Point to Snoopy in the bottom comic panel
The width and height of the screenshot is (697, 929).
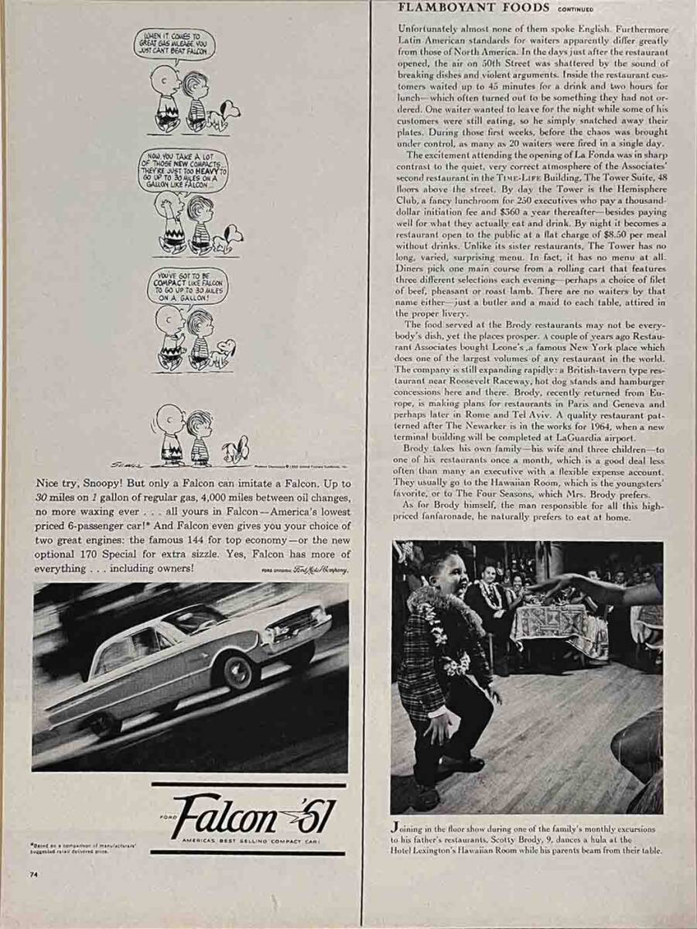[235, 450]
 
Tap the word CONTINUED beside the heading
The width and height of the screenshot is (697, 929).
[576, 9]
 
